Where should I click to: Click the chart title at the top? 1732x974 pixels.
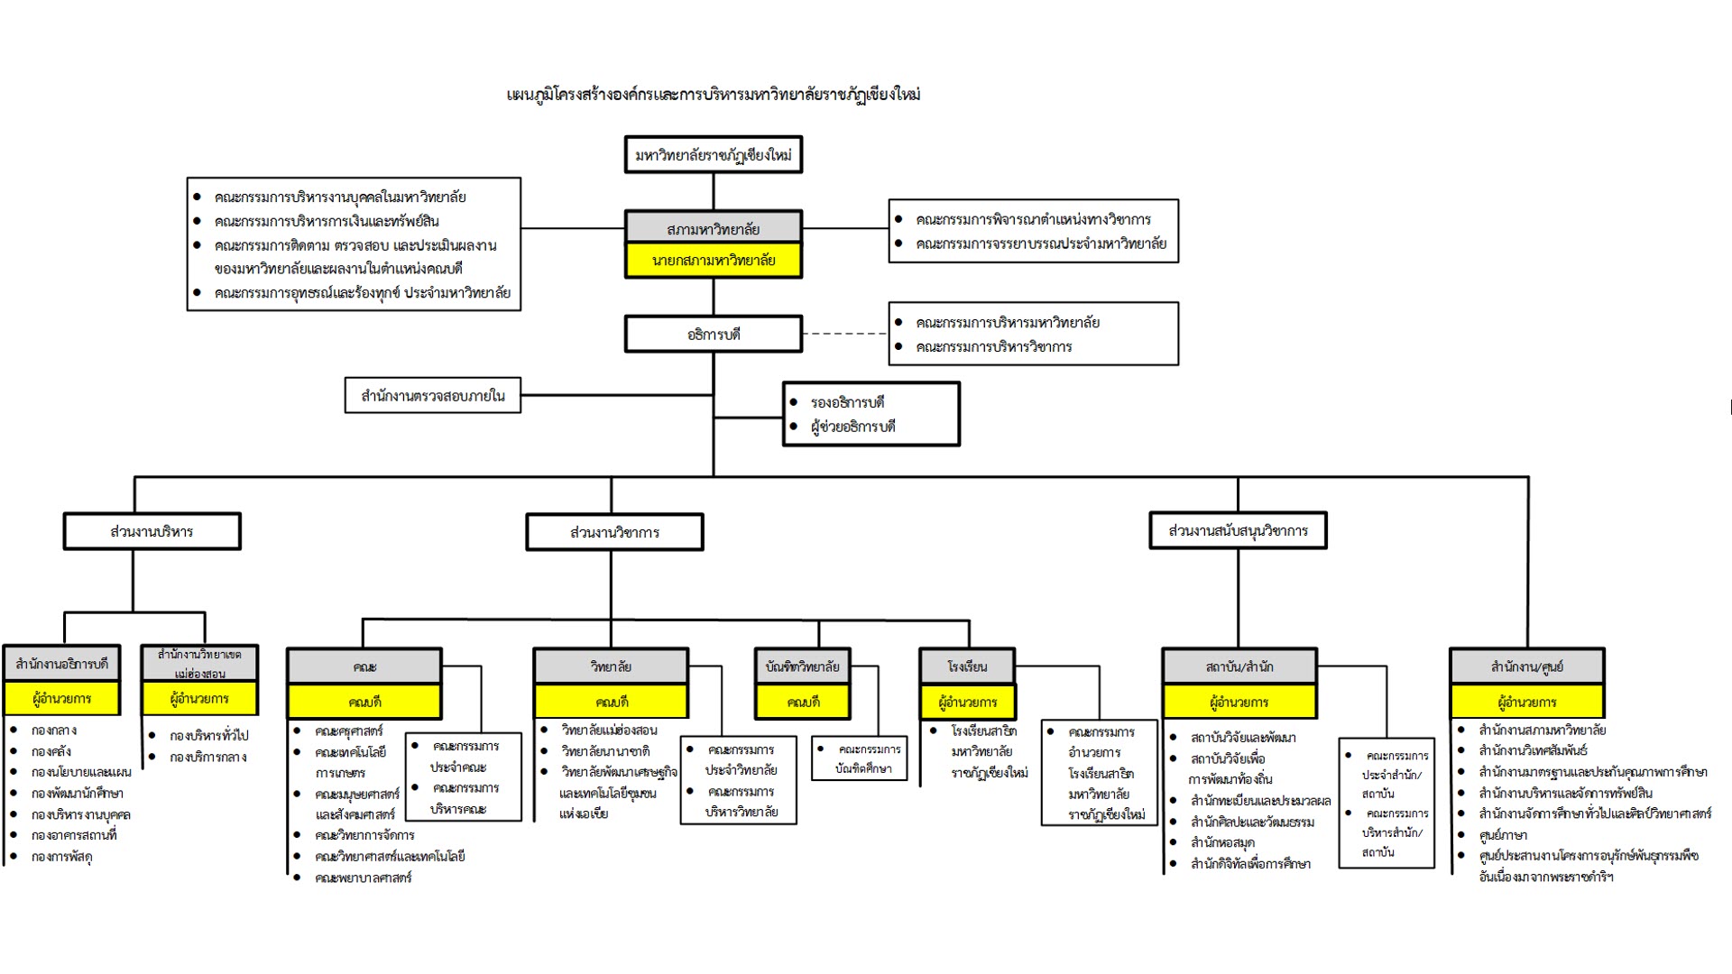(x=714, y=95)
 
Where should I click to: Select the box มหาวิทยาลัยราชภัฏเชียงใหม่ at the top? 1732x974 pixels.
(x=713, y=155)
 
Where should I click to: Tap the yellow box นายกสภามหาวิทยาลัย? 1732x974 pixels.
(x=713, y=261)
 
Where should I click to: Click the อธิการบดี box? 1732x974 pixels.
(x=713, y=335)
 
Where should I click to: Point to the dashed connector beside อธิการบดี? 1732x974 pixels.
(x=844, y=334)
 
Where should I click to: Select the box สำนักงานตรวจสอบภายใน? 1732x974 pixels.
(x=432, y=396)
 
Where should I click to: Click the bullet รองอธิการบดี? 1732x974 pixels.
(x=847, y=402)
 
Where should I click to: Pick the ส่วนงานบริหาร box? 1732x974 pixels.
(x=152, y=532)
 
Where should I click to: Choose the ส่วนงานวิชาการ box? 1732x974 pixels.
(x=614, y=533)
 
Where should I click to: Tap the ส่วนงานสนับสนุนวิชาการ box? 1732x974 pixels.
(x=1238, y=531)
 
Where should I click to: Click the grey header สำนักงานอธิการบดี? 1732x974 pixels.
(x=62, y=665)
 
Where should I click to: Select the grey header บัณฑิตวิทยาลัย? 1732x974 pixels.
(x=802, y=667)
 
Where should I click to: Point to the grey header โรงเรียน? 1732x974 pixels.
(x=967, y=667)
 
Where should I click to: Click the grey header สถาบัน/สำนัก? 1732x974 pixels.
(x=1239, y=667)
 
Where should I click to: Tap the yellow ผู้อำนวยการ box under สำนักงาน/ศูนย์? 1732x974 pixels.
(x=1526, y=703)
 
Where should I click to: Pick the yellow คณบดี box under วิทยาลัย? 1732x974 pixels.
(x=611, y=703)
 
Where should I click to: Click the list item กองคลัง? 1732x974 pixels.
(x=51, y=751)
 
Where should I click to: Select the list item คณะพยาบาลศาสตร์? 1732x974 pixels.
(x=363, y=878)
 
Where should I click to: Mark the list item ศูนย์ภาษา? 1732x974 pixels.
(x=1503, y=835)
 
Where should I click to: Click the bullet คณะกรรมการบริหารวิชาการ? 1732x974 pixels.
(x=993, y=347)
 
